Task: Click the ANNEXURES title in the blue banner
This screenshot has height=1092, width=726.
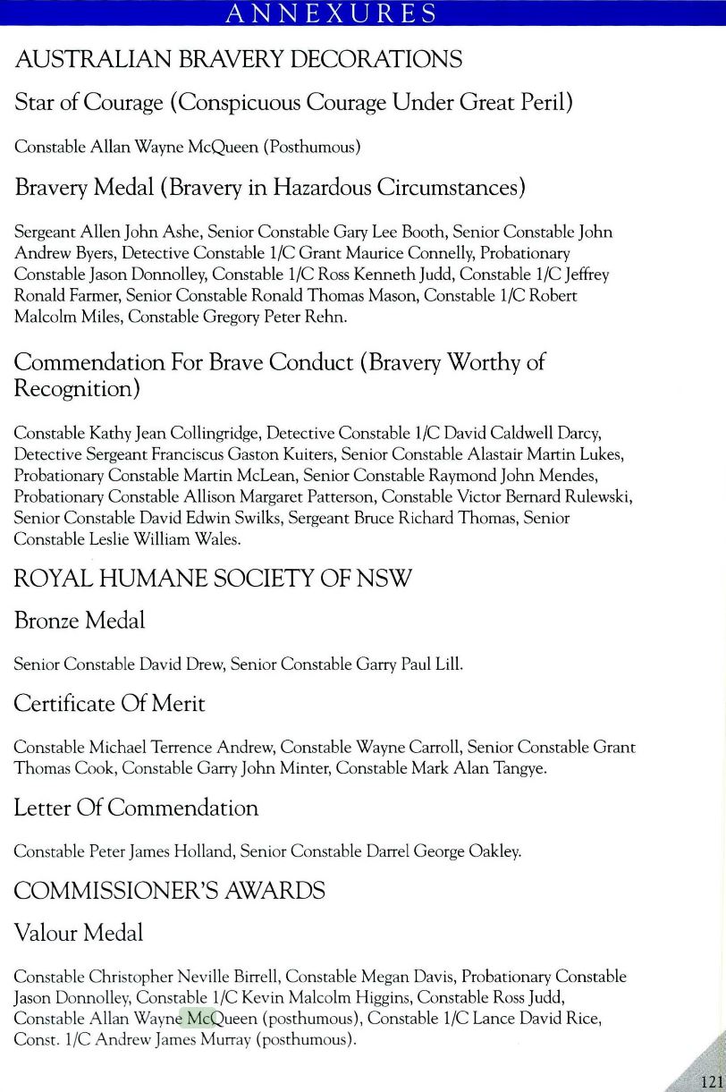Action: [331, 13]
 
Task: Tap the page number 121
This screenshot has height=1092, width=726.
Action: [711, 1080]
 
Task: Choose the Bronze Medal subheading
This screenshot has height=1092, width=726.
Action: [80, 620]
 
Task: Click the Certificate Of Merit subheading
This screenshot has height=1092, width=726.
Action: [109, 704]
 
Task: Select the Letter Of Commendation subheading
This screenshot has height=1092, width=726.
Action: [136, 808]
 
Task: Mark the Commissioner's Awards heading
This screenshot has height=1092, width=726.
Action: [170, 891]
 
